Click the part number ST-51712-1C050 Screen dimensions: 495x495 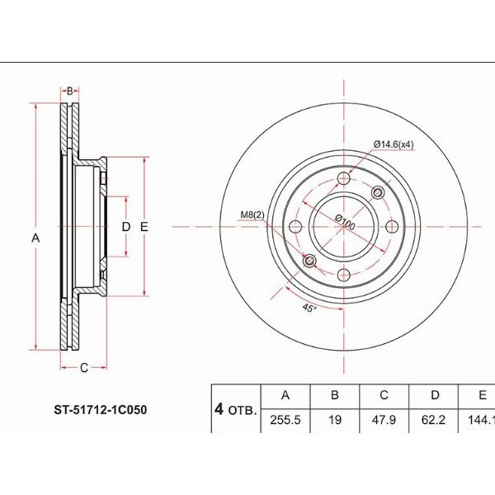tap(101, 410)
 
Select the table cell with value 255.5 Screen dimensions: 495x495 tap(285, 420)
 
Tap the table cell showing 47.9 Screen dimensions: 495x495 tap(384, 420)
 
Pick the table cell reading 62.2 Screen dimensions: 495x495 tap(433, 420)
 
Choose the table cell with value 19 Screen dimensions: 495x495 tap(335, 420)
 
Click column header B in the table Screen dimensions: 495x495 tap(335, 396)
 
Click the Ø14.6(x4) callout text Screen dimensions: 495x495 tap(394, 144)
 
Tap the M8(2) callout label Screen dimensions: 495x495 tap(252, 215)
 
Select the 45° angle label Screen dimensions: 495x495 tap(309, 307)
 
